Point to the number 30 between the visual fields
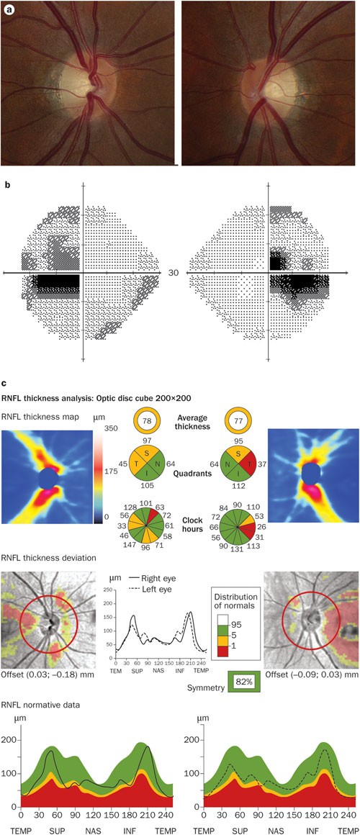173,273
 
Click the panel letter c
4,383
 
